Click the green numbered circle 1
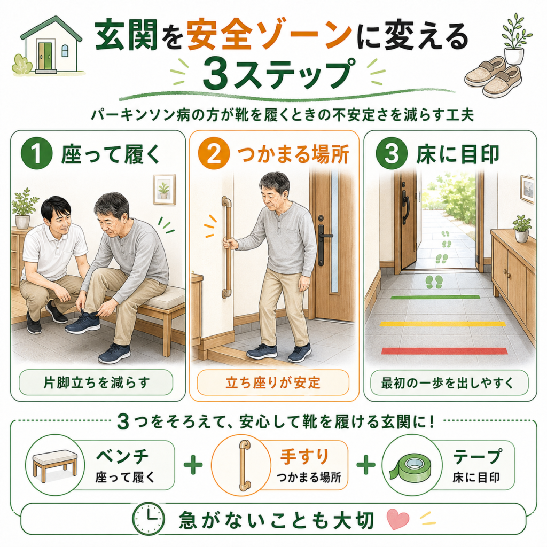coord(37,153)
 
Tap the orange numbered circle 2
coord(214,153)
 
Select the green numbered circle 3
coord(392,153)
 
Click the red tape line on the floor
coord(444,350)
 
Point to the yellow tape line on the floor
coord(443,324)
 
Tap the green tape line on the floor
coord(435,297)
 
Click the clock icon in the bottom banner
coord(149,519)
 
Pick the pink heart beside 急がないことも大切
coord(398,518)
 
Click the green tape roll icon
coord(410,467)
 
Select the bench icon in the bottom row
coord(55,465)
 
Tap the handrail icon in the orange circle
coord(244,465)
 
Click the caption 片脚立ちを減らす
coord(96,382)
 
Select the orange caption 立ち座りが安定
coord(273,382)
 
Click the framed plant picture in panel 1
coord(164,190)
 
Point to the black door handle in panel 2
coord(322,241)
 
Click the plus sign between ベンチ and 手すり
coord(193,465)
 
